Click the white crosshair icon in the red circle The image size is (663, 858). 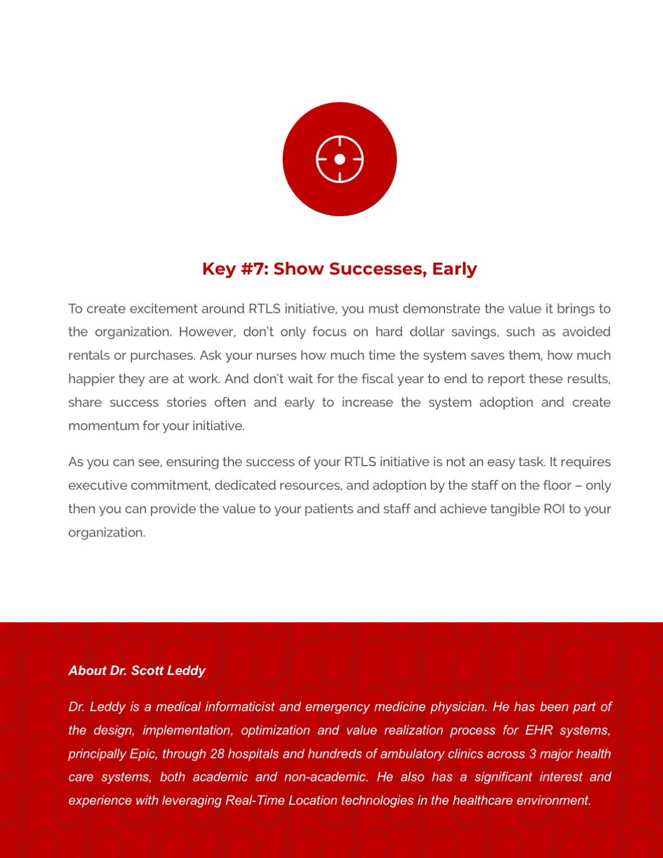[339, 159]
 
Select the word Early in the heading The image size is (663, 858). [454, 269]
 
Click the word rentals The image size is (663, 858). [89, 355]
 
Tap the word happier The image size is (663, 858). [92, 379]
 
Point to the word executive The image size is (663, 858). [98, 486]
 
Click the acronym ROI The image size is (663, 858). [554, 509]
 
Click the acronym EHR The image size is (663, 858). [539, 730]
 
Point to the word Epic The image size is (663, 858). [142, 754]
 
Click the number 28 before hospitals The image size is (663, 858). [217, 754]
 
